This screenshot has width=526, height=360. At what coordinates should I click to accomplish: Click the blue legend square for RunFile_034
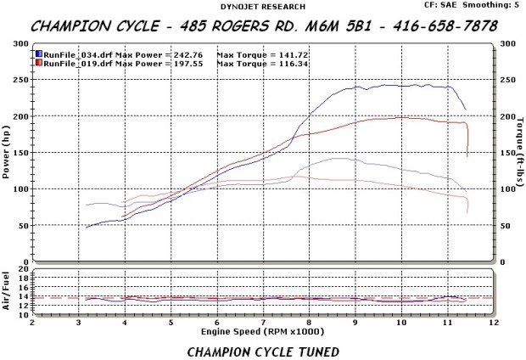coord(39,53)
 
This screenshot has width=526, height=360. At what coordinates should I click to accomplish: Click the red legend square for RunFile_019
coord(39,62)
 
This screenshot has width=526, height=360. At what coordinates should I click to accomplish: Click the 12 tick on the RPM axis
coord(493,323)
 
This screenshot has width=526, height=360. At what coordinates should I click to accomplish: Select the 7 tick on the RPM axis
coord(263,323)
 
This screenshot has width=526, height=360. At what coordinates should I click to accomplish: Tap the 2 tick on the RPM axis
coord(32,323)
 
